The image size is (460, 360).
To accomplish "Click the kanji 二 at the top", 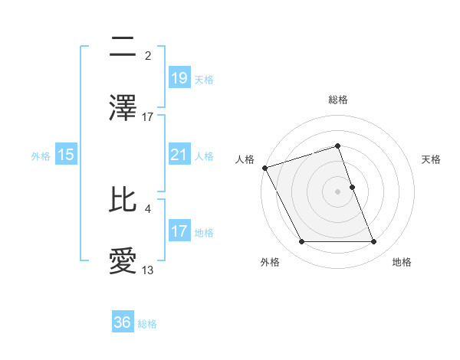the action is [x=123, y=47].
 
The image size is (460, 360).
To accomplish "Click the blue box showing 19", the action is [x=179, y=77].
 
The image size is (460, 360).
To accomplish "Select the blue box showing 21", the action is [x=179, y=155].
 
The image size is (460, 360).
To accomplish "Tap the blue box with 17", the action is [x=179, y=231].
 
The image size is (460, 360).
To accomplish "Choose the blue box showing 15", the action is [x=66, y=155].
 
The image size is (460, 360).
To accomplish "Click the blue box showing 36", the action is [x=123, y=322].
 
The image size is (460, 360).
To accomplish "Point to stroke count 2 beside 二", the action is [x=148, y=56].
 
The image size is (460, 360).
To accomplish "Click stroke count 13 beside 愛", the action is [x=148, y=270].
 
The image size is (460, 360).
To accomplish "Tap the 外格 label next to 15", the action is [x=41, y=155].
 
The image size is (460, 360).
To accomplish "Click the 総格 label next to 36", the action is [x=147, y=324].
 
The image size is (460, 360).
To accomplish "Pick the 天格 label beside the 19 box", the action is [x=204, y=79].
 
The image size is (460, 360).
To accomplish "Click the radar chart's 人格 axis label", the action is [x=245, y=159].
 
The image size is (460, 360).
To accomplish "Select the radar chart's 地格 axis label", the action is [x=402, y=262].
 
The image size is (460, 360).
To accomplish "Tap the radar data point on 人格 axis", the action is [x=264, y=168].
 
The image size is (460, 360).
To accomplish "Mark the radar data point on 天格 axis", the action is [x=352, y=187].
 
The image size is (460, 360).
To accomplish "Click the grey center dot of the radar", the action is [x=337, y=191].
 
